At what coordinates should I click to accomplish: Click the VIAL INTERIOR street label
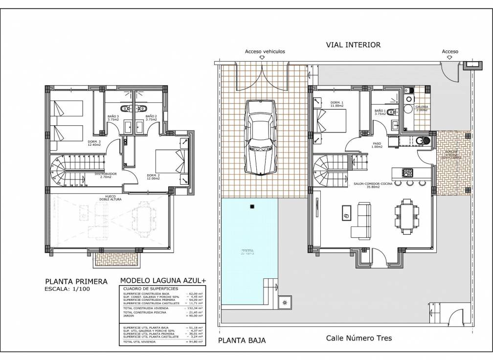353,45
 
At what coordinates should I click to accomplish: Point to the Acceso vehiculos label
265,51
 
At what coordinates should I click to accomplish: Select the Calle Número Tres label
359,338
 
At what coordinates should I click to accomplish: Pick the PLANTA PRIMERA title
76,281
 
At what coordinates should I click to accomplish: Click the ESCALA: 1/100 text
67,289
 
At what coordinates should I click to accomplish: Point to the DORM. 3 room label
93,142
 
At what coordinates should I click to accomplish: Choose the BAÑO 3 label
113,117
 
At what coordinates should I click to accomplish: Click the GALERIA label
422,107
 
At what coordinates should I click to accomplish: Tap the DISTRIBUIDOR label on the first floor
106,174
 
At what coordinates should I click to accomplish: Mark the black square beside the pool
252,207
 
